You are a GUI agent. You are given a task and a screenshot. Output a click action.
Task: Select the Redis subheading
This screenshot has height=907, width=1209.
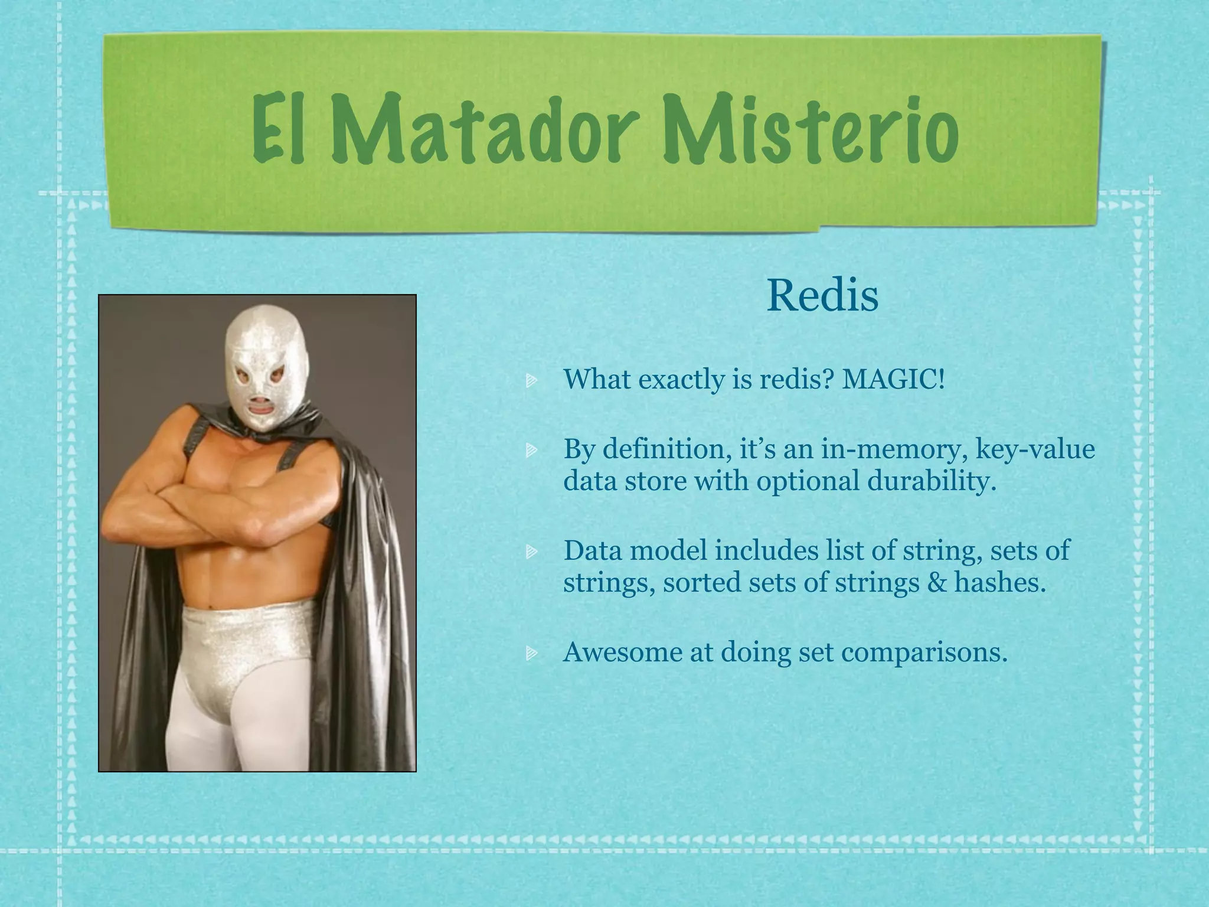(822, 296)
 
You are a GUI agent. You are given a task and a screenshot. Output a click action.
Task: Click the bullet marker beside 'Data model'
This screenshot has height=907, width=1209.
(531, 552)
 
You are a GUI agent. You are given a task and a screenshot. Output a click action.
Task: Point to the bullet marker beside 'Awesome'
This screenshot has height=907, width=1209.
(531, 653)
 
